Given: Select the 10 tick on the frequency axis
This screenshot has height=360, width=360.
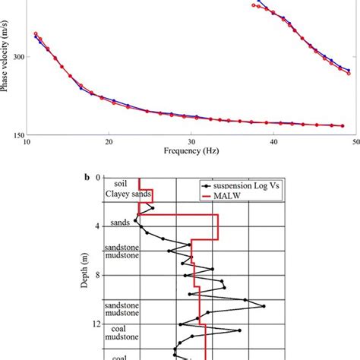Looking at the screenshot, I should tap(27, 142).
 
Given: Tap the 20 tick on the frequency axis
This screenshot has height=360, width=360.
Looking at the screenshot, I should tap(109, 142).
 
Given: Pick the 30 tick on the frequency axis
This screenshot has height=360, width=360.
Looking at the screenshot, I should tap(192, 142).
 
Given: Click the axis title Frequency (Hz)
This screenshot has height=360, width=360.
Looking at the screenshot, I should tap(191, 152).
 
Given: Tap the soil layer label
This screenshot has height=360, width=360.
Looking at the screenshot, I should tap(119, 184).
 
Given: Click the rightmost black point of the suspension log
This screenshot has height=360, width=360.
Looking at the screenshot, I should tap(264, 306).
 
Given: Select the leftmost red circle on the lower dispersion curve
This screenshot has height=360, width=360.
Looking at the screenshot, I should tap(36, 34).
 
